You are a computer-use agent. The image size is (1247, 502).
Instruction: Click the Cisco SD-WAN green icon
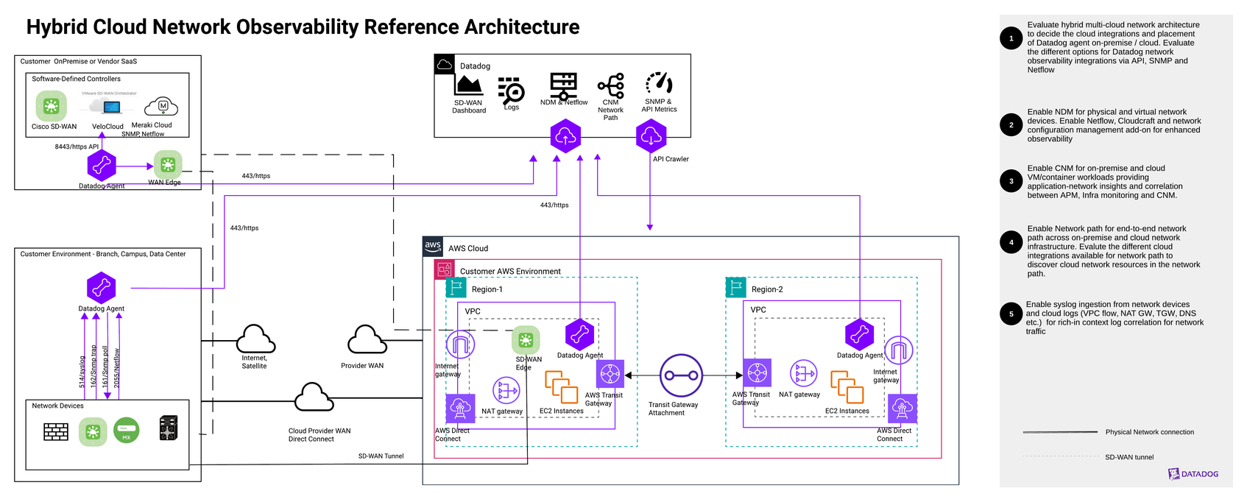click(51, 106)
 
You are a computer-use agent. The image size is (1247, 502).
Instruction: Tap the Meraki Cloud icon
click(161, 107)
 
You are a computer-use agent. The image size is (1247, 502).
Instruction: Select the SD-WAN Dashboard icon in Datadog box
click(468, 85)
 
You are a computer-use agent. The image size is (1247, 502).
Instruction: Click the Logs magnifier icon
click(511, 90)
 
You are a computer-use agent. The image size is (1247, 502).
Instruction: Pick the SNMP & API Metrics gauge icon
click(659, 83)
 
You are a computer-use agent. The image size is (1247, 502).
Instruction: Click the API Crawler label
click(671, 159)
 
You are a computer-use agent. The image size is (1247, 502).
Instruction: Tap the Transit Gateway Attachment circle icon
click(681, 375)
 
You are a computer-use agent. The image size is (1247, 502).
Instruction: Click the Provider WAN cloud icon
click(366, 341)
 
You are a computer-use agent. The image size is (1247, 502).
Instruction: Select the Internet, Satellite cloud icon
click(255, 340)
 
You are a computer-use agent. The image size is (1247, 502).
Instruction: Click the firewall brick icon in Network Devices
click(56, 431)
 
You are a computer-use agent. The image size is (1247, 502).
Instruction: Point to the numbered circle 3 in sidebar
click(1011, 181)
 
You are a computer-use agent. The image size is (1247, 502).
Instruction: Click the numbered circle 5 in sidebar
click(1011, 314)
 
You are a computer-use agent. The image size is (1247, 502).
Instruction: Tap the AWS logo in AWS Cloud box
click(433, 247)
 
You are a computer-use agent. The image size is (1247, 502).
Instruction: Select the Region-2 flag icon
click(735, 288)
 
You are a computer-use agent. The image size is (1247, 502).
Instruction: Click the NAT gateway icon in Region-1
click(506, 390)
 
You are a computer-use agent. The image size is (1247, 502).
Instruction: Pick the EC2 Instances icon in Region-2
click(847, 387)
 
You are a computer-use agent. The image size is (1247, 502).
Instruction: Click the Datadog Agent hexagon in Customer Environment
click(102, 287)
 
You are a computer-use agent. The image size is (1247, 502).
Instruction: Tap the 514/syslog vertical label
click(82, 372)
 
